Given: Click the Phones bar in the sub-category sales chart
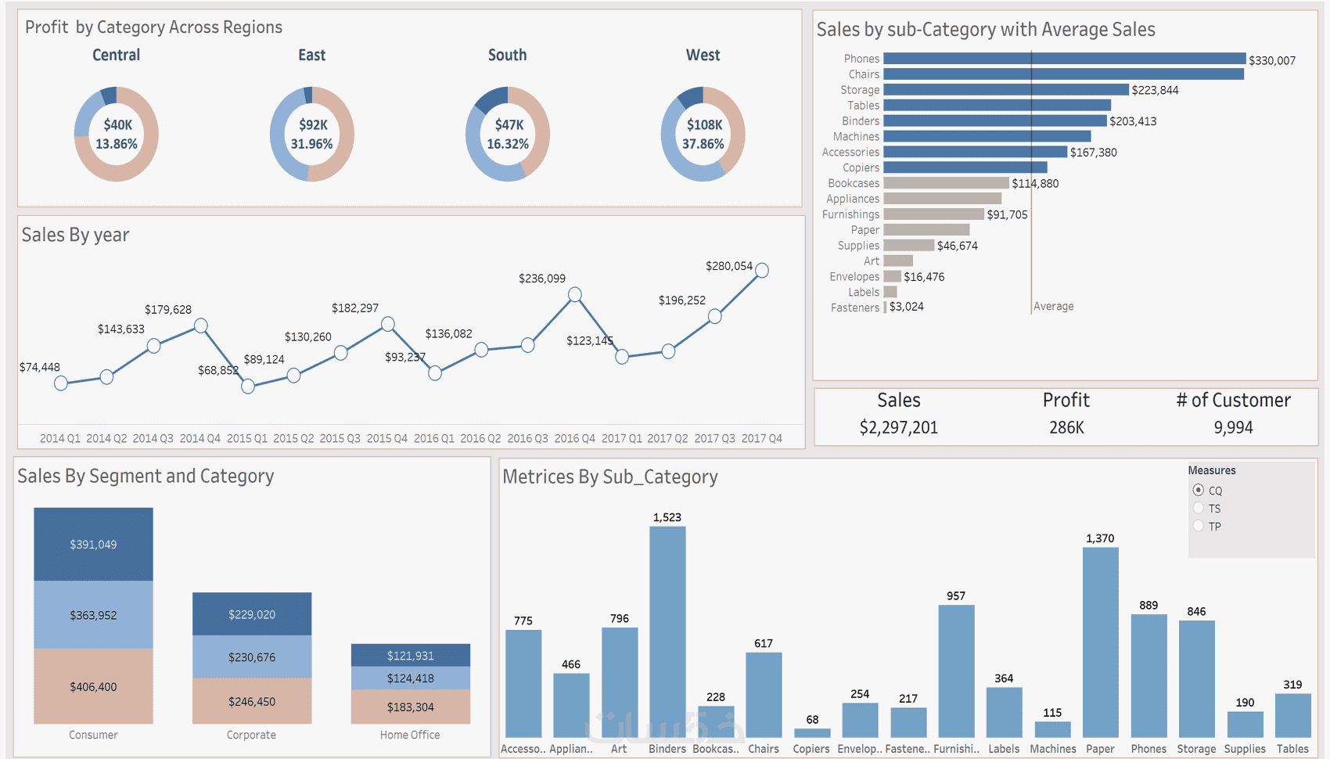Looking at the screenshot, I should point(1064,59).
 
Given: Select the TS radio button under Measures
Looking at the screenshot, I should point(1199,509).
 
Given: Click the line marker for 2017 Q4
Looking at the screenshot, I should point(762,271).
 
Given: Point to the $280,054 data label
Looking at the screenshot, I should point(728,266).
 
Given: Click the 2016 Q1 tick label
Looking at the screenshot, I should point(434,438).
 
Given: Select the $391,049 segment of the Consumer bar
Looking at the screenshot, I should point(94,545).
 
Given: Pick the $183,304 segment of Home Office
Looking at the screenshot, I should point(411,707).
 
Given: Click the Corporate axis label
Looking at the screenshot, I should point(251,735).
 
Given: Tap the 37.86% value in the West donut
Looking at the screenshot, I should point(703,144).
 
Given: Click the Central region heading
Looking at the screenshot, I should point(117,56).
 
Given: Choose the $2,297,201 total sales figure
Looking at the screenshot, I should point(898,427).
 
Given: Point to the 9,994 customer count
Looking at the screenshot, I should point(1233,427).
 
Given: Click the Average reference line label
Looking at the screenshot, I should point(1054,307).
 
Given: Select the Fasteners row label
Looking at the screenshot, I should point(855,308).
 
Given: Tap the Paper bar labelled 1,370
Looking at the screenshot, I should point(1100,642).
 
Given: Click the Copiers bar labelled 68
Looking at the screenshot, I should point(812,733).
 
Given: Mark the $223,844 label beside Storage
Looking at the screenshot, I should point(1155,90).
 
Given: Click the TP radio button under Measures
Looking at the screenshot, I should point(1199,527).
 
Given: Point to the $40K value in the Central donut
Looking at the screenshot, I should point(118,125).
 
